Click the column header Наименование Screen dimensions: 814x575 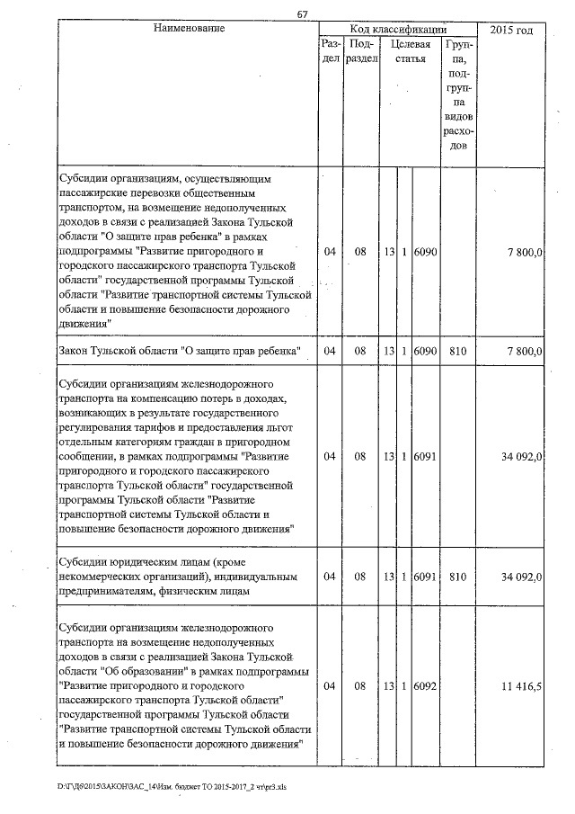click(x=188, y=29)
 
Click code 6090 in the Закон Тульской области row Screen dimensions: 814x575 click(x=425, y=350)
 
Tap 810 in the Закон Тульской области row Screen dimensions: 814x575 click(x=457, y=350)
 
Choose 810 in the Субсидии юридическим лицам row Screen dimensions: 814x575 click(x=457, y=577)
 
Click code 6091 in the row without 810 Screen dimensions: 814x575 click(x=425, y=456)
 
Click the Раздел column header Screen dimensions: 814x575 click(x=330, y=50)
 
